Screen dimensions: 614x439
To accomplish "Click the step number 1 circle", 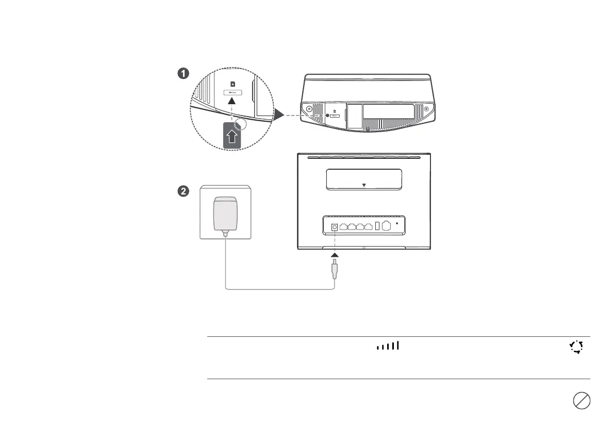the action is pos(182,74).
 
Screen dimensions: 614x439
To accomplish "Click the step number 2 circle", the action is pos(182,191).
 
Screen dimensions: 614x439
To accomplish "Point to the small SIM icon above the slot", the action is pos(233,83).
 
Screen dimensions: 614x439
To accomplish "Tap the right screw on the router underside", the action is pos(426,109).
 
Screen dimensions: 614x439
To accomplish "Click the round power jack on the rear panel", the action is pos(334,226).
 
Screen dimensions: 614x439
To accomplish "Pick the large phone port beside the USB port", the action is pos(387,226).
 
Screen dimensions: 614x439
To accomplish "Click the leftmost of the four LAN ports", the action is pos(344,226).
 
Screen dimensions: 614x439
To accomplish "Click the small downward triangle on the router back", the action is pos(364,185).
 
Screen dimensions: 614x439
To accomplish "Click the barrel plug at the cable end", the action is pos(335,271).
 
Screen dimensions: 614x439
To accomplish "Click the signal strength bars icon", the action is pos(389,346).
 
